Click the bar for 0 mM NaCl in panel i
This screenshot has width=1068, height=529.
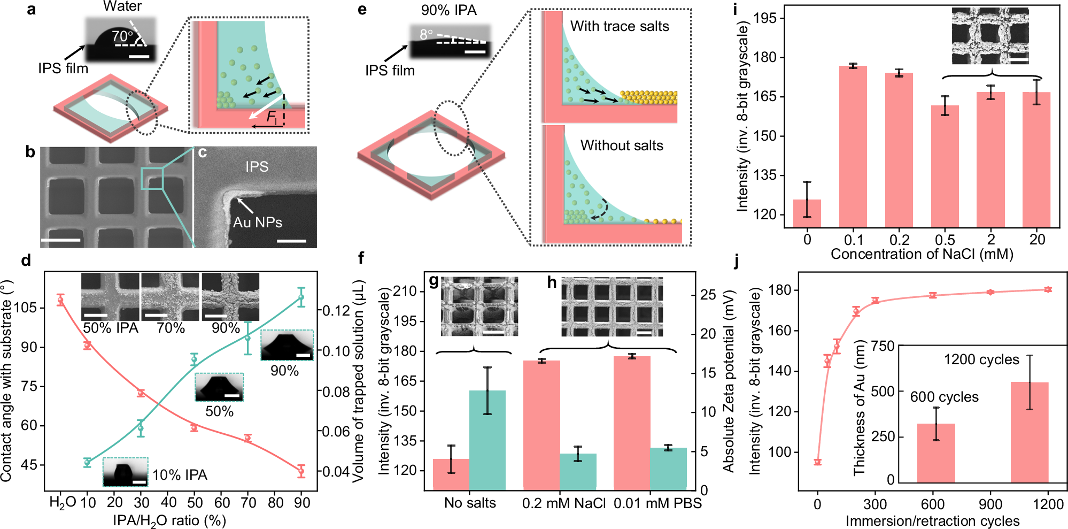[x=807, y=213]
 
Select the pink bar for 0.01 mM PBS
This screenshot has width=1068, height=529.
[x=632, y=423]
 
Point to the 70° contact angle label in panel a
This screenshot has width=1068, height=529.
[x=122, y=36]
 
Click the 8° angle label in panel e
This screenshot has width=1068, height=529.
[x=426, y=35]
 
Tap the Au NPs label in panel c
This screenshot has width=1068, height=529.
[x=257, y=223]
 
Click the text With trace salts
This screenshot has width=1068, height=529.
[x=619, y=26]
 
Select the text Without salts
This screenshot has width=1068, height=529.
[x=621, y=145]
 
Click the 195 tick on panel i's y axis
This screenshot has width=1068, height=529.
[x=764, y=18]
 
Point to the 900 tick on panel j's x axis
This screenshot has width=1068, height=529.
[x=990, y=504]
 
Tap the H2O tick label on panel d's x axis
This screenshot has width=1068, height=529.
[x=62, y=503]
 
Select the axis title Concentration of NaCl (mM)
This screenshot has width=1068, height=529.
[x=922, y=254]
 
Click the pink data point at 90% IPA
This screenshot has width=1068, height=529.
[x=301, y=471]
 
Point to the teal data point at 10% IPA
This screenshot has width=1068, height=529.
[x=88, y=462]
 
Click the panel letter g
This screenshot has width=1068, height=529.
[x=434, y=282]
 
